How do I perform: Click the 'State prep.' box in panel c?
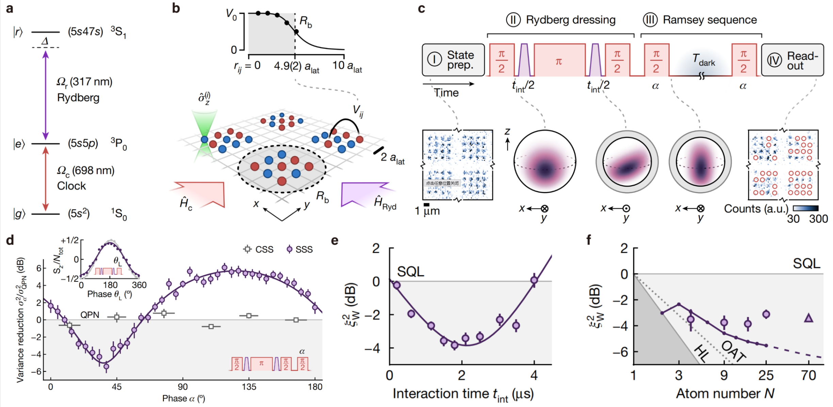pos(453,60)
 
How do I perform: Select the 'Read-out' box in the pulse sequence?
pos(793,60)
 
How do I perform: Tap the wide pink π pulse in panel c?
pos(559,60)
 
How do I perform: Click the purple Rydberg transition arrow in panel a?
pos(46,95)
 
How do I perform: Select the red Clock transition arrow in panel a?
pos(46,179)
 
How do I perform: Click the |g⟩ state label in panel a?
pos(19,214)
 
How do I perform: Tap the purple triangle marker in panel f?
pos(808,318)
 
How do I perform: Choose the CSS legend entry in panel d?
pos(258,249)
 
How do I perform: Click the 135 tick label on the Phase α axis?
pos(249,387)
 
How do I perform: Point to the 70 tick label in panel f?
pos(808,375)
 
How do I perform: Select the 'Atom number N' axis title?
pos(725,393)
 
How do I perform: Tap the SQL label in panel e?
pos(411,272)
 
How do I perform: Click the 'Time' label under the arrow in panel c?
pos(446,93)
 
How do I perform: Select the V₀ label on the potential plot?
pos(231,15)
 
